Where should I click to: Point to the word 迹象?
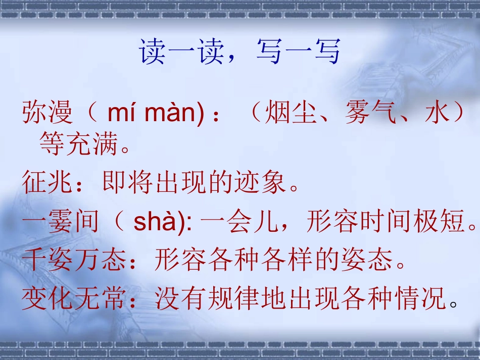(x=261, y=183)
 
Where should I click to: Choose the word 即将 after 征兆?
(x=128, y=183)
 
